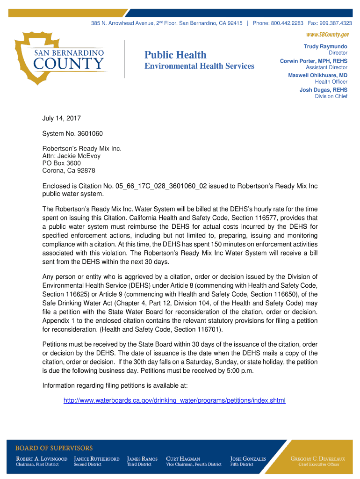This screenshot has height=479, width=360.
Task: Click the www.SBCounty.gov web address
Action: (x=327, y=35)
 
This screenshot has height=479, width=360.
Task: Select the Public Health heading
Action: (x=175, y=55)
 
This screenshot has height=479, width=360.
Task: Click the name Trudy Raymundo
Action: (x=325, y=46)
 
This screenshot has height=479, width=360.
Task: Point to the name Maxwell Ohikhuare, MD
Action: (x=317, y=75)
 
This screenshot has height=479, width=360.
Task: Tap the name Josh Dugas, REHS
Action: (x=324, y=89)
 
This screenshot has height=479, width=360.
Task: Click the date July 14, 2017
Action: (x=61, y=119)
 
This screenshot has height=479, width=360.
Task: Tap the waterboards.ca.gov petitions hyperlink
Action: (x=174, y=401)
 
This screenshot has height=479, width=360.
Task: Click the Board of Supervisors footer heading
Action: (x=54, y=448)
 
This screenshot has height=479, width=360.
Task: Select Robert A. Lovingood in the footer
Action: (x=42, y=459)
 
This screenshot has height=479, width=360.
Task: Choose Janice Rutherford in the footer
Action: (x=97, y=459)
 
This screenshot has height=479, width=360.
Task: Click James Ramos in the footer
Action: (x=142, y=459)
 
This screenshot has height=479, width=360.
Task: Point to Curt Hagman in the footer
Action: (x=183, y=459)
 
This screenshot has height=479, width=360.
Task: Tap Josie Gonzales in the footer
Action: (x=248, y=459)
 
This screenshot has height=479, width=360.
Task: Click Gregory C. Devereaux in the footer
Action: (x=318, y=459)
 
